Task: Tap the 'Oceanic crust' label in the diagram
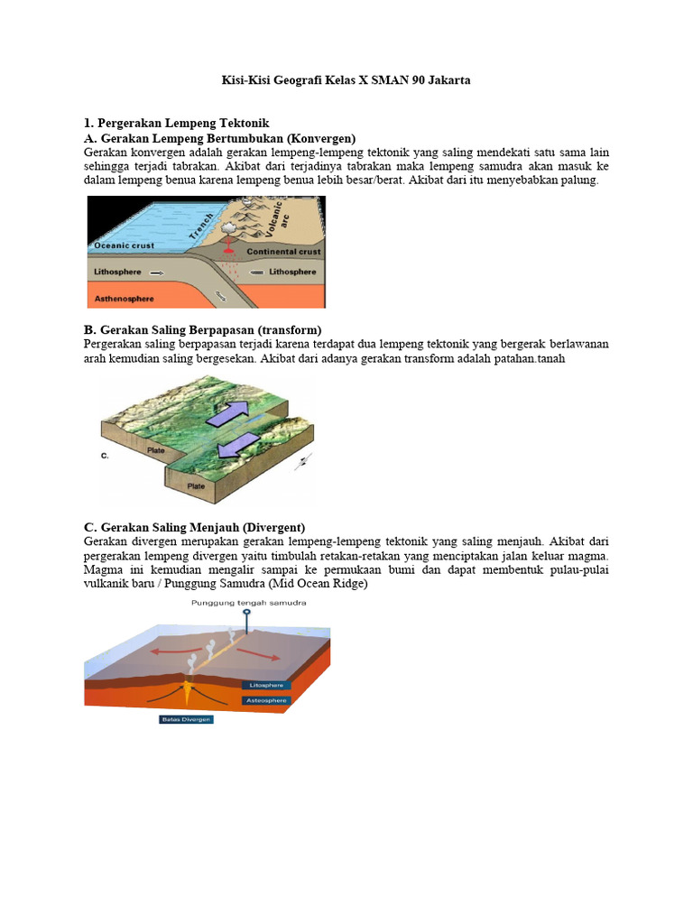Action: tap(124, 245)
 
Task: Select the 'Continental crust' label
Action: tap(283, 253)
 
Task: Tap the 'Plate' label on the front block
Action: tap(195, 485)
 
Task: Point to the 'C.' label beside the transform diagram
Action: tap(105, 457)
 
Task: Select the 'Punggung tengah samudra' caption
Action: tap(248, 604)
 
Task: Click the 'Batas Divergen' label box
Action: tap(186, 719)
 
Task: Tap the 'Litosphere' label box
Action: tap(264, 686)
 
